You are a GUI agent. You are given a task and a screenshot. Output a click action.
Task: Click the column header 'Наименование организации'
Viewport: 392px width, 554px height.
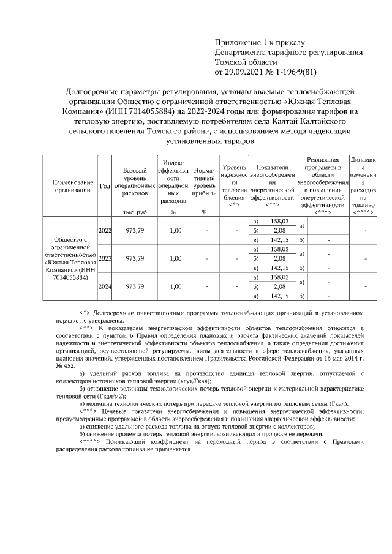pyautogui.click(x=73, y=185)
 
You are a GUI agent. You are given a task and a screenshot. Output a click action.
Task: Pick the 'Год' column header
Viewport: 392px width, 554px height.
pyautogui.click(x=105, y=185)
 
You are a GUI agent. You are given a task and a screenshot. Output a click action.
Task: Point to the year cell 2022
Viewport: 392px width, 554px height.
pyautogui.click(x=105, y=230)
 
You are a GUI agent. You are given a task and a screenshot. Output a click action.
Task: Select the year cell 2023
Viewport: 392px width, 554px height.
pyautogui.click(x=105, y=258)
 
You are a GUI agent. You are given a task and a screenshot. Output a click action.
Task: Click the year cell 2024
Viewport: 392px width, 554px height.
pyautogui.click(x=105, y=286)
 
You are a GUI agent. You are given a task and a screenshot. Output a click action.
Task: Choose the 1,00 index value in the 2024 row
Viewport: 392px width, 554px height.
pyautogui.click(x=176, y=286)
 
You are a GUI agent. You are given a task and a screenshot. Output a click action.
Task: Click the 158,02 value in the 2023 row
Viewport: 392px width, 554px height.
pyautogui.click(x=279, y=249)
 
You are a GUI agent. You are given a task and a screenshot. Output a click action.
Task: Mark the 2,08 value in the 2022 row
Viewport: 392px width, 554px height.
pyautogui.click(x=279, y=230)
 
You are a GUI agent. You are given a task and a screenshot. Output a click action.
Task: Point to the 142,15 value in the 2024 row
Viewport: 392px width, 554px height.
pyautogui.click(x=279, y=296)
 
